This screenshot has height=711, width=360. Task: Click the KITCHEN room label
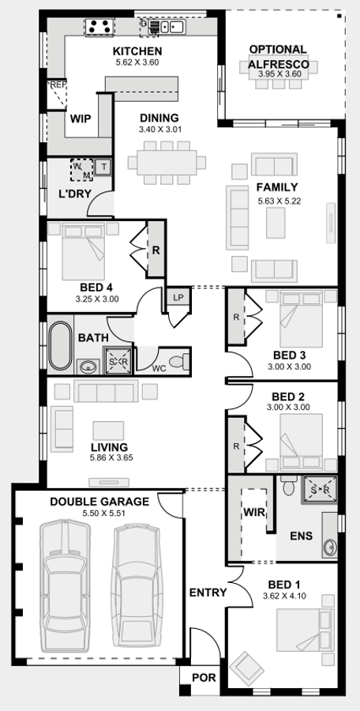point(137,51)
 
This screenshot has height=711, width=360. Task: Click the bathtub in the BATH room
point(60,345)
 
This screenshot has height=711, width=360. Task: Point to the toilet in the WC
point(182,361)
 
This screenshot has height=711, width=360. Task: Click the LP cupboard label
point(177,298)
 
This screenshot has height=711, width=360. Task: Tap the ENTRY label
point(208,592)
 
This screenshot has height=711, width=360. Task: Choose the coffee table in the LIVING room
point(108,430)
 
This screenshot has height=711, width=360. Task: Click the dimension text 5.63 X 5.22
point(279,202)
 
